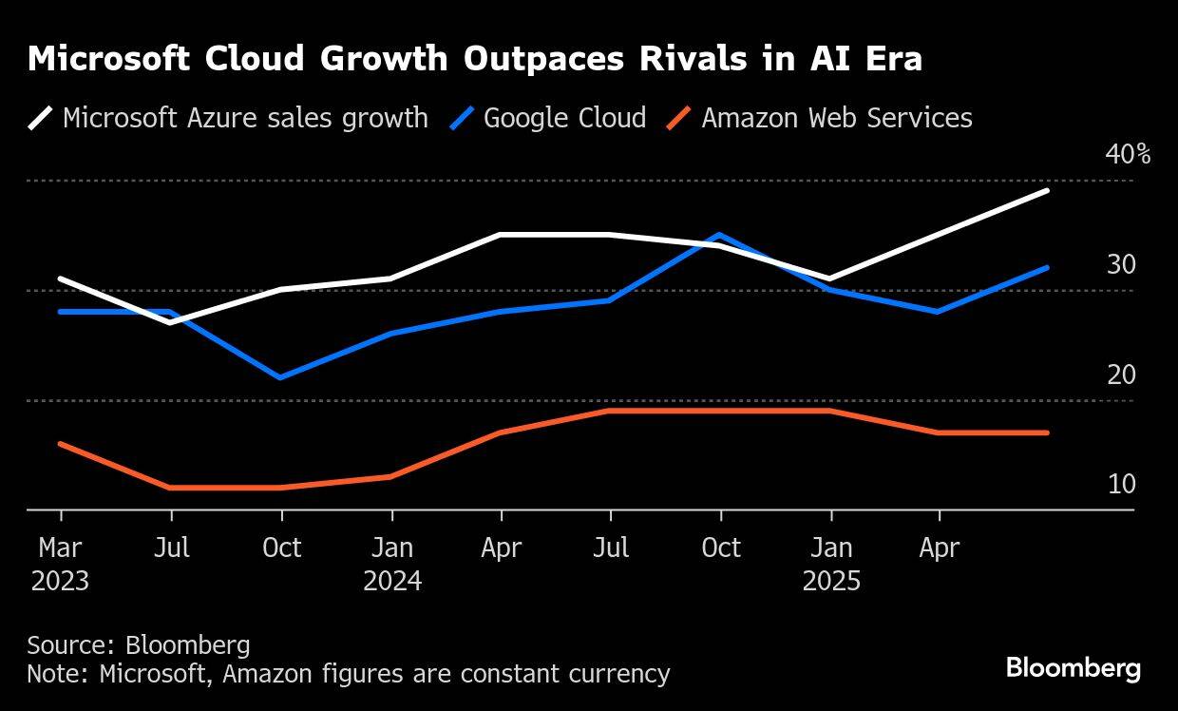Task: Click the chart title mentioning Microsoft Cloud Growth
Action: click(x=475, y=59)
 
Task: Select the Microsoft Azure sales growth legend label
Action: click(x=245, y=118)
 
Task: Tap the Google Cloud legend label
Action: click(x=564, y=118)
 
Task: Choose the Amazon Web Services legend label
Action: click(x=836, y=118)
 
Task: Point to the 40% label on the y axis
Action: click(x=1128, y=154)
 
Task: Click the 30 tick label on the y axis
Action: click(x=1121, y=264)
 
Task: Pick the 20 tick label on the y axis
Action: click(x=1121, y=375)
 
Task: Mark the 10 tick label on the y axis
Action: click(x=1121, y=485)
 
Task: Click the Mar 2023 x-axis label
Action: click(x=60, y=564)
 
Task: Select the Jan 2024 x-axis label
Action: click(x=391, y=564)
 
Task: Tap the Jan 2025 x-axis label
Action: click(x=831, y=564)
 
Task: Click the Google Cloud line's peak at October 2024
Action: click(x=721, y=235)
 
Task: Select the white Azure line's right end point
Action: click(x=1048, y=191)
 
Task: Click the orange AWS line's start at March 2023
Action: click(x=61, y=444)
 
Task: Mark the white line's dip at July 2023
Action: click(x=171, y=322)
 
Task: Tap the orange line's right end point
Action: click(x=1048, y=432)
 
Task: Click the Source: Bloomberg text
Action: click(x=139, y=645)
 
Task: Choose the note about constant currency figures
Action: click(x=348, y=674)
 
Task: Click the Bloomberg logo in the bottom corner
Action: click(x=1073, y=668)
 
